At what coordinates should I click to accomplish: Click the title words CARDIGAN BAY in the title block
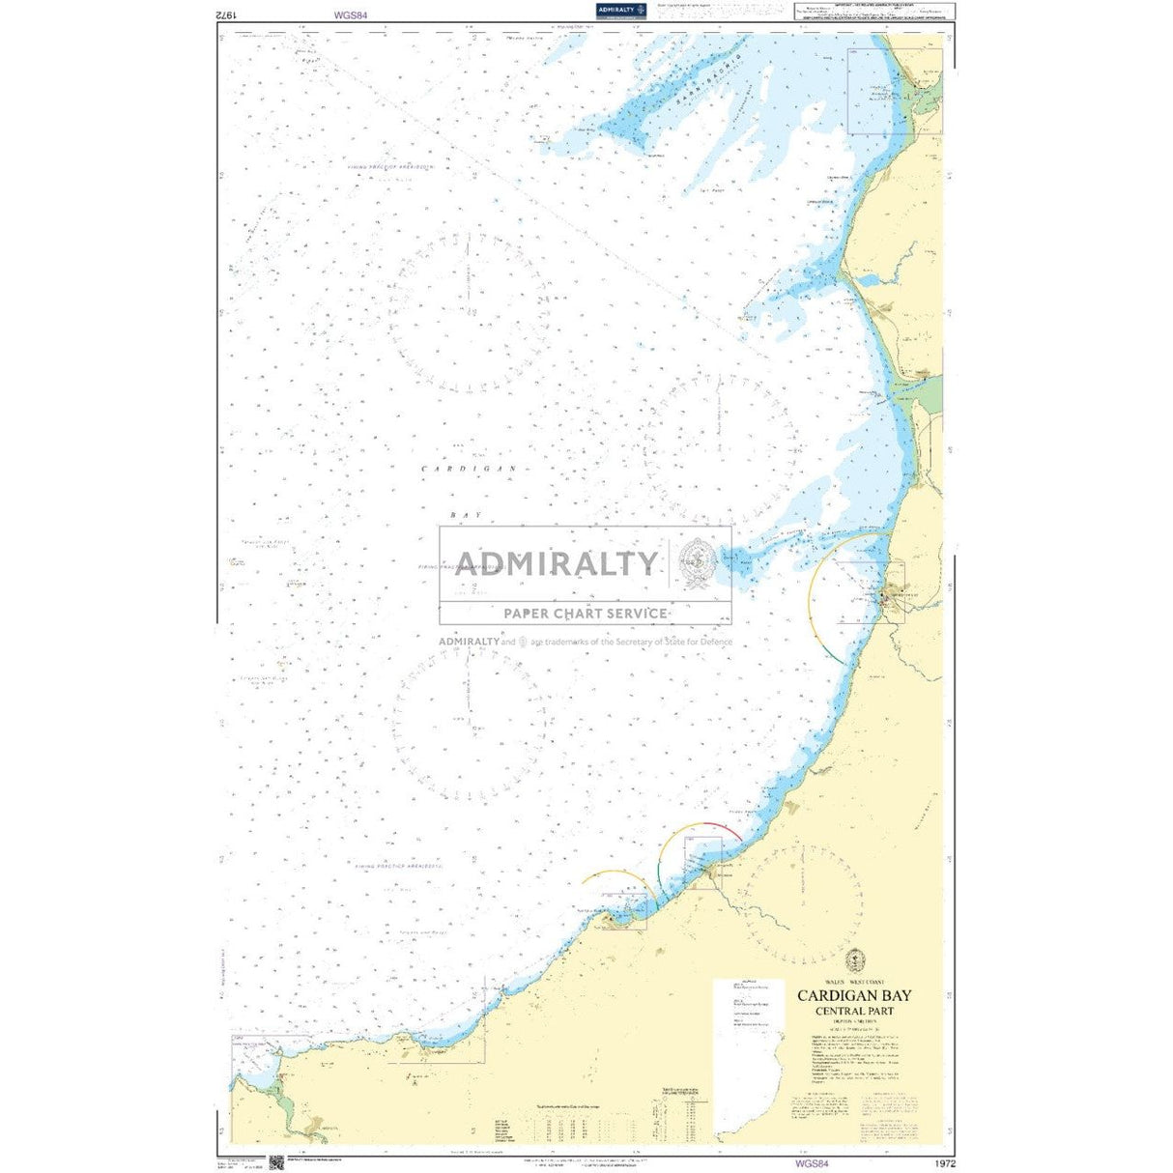point(854,996)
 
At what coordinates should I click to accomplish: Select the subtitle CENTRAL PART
point(854,1012)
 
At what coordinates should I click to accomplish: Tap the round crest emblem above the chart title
point(854,960)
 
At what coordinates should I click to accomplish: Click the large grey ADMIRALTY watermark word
point(557,563)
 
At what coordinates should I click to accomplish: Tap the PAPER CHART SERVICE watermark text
point(585,613)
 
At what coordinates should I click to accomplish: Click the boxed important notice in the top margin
point(869,12)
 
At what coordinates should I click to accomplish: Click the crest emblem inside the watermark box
point(699,564)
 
